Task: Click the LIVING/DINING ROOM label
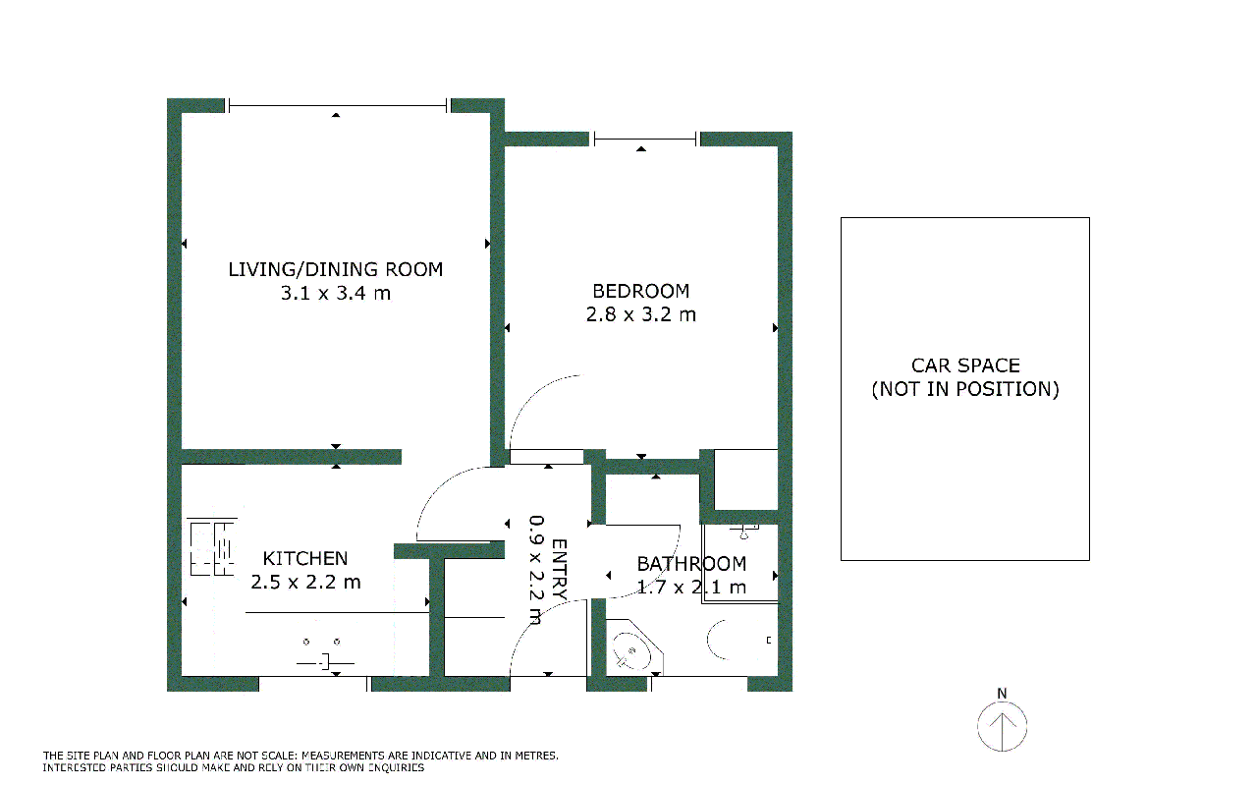tap(336, 270)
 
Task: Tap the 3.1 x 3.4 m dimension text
tap(336, 293)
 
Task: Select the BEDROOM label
tap(641, 292)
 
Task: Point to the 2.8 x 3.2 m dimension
tap(641, 314)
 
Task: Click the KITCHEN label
tap(305, 559)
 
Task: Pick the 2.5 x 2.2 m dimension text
tap(305, 583)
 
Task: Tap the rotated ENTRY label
tap(560, 569)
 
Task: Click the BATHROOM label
tap(691, 564)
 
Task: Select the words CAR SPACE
tap(965, 366)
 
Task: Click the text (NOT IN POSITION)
tap(965, 389)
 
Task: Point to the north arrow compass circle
tap(1003, 726)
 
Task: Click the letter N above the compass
tap(1002, 694)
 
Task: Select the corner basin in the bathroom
tap(634, 648)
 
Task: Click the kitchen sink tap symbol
tap(325, 663)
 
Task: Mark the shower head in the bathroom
tap(744, 532)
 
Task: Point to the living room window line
tap(338, 105)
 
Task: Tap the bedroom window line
tap(645, 139)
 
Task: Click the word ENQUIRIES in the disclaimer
tap(396, 768)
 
